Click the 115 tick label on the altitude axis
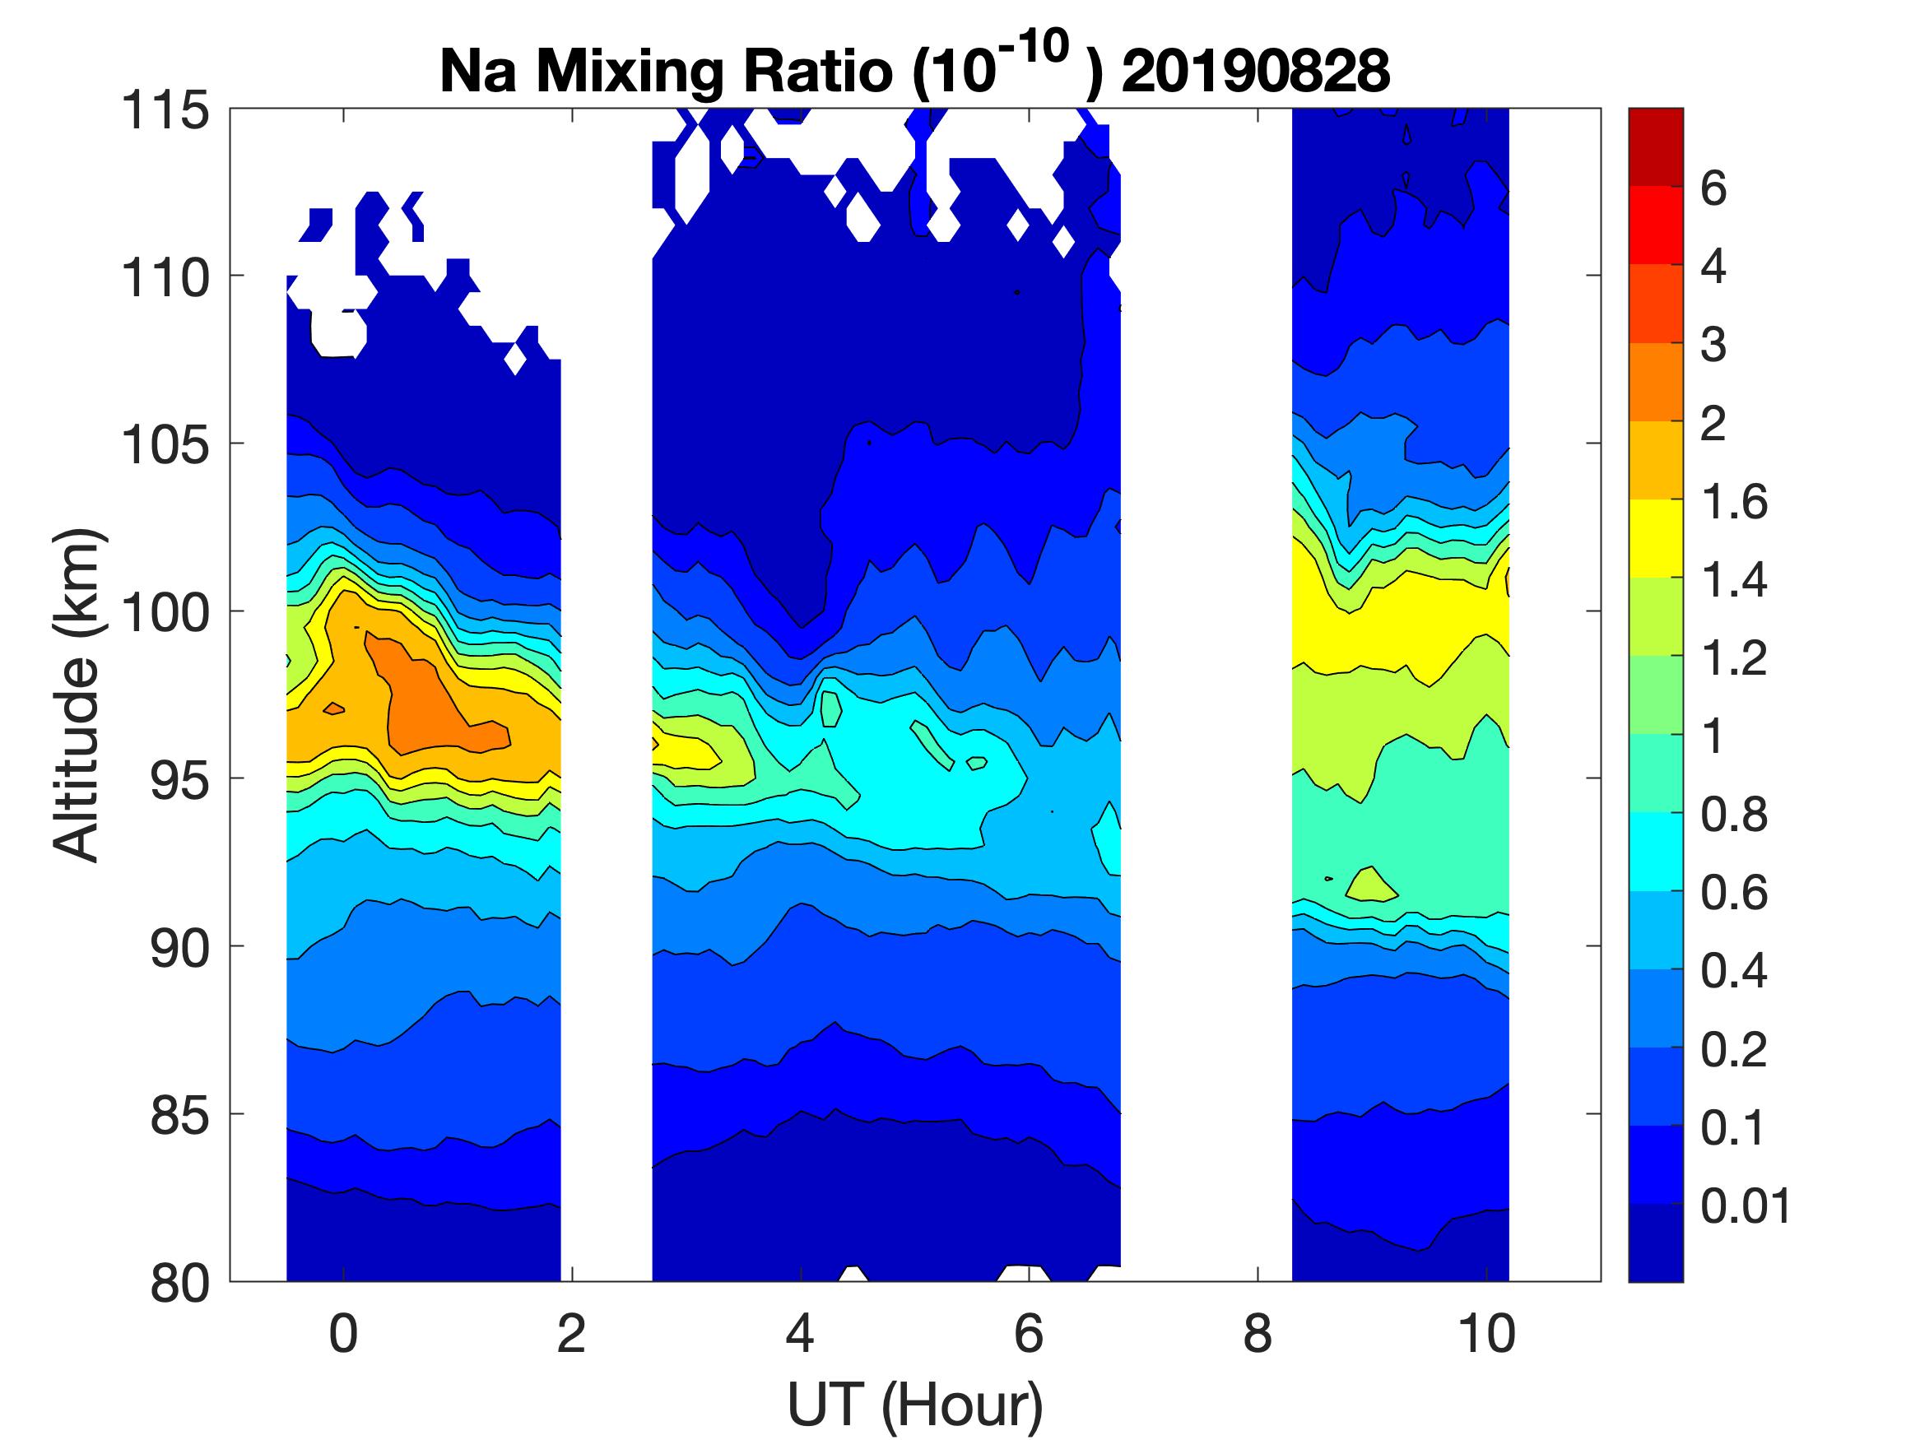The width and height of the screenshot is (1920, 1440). (x=165, y=111)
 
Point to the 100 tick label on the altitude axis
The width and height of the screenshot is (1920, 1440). (x=165, y=613)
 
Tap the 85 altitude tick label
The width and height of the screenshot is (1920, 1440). (x=179, y=1115)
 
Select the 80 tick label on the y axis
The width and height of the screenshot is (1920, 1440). (x=179, y=1283)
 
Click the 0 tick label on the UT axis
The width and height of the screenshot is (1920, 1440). (x=344, y=1335)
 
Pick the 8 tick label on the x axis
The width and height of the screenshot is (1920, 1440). (x=1258, y=1335)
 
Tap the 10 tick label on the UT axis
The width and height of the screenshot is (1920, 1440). (x=1486, y=1335)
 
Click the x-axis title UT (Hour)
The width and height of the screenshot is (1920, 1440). (x=915, y=1405)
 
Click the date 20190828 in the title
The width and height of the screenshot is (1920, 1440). (x=1255, y=71)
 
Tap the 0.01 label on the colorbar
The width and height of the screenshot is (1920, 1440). (x=1746, y=1206)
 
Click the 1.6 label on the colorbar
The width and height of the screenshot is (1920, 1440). (x=1733, y=502)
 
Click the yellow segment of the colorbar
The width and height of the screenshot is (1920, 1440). (x=1655, y=538)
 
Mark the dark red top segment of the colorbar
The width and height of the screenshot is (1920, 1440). (x=1655, y=146)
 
